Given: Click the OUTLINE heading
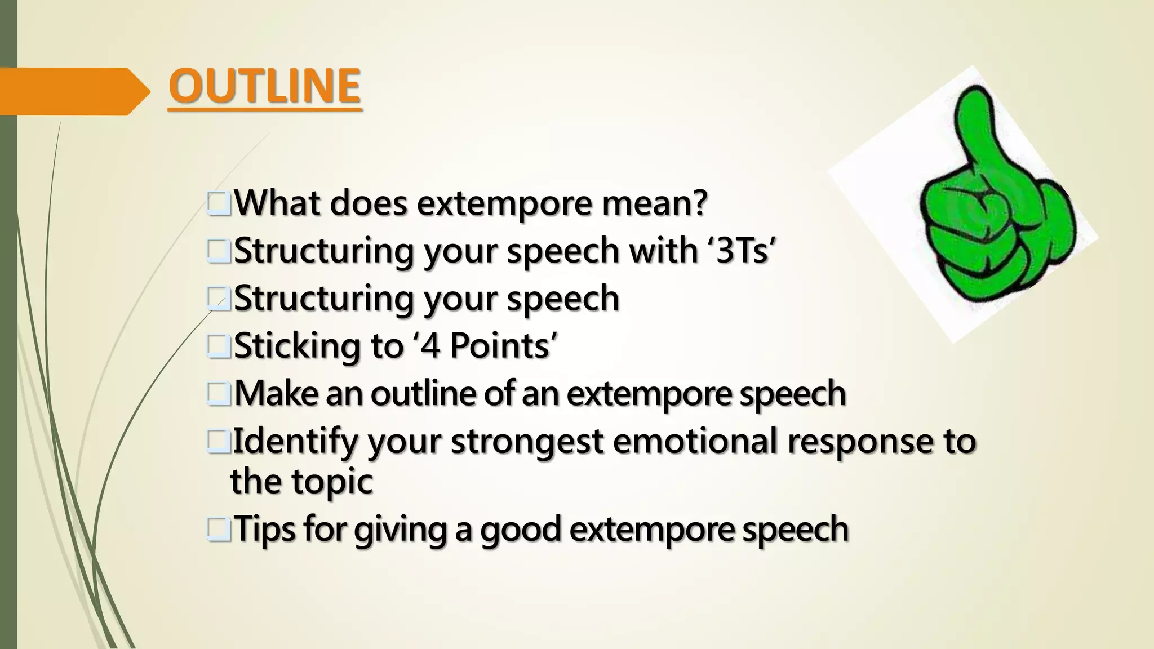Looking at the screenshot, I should click(264, 86).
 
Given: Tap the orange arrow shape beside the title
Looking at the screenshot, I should click(73, 91).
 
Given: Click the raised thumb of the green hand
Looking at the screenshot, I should click(975, 124).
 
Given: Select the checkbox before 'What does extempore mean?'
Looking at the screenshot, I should click(219, 204).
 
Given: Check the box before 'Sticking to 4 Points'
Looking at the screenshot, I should click(219, 346).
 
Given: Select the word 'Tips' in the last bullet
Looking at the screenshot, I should click(264, 530).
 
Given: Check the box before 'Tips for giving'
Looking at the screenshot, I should click(219, 530).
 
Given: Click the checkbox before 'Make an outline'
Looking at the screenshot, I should click(219, 394).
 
